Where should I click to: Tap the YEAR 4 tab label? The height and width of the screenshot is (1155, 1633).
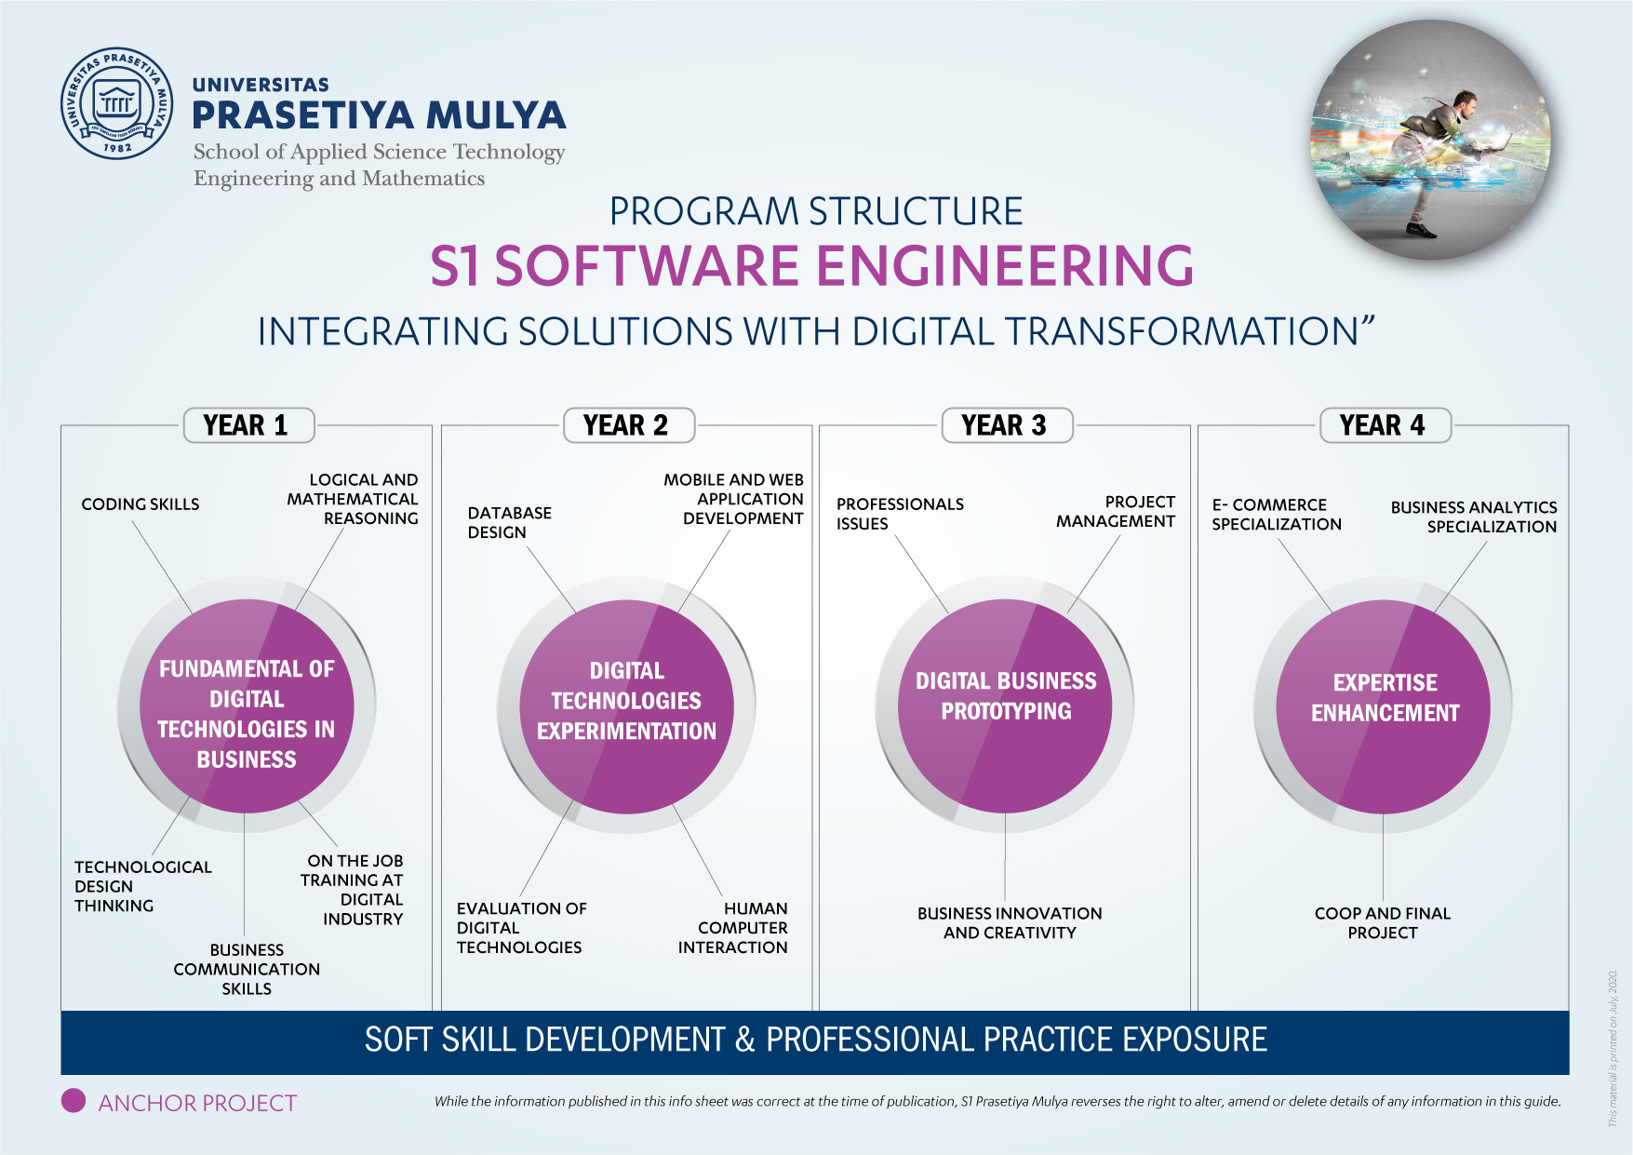[x=1385, y=425]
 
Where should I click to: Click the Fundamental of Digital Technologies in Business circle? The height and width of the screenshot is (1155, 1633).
[x=247, y=705]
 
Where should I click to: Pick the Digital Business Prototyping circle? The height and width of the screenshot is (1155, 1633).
[x=1005, y=705]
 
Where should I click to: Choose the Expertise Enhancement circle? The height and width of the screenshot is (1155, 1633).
[x=1384, y=706]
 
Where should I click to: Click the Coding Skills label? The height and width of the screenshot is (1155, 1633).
[x=141, y=504]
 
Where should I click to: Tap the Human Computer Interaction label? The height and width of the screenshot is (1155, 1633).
[x=733, y=927]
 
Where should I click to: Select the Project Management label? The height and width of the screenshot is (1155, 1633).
[x=1116, y=511]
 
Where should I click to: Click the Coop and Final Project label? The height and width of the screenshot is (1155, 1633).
[x=1383, y=922]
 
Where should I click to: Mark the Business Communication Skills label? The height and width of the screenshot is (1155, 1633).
[x=247, y=969]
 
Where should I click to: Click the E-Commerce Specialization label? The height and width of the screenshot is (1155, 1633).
[x=1277, y=514]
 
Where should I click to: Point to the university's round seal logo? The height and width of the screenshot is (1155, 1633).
[x=117, y=103]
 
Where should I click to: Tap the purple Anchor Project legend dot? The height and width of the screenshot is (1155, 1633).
[x=74, y=1100]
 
